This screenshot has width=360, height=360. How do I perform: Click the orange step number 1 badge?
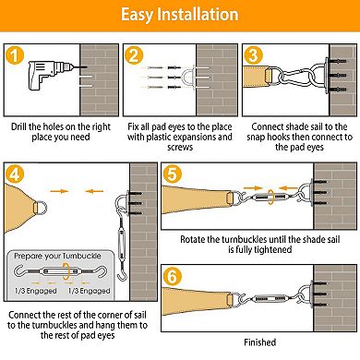15,55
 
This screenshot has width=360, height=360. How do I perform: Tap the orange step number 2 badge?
134,55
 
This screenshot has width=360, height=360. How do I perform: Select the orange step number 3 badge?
253,55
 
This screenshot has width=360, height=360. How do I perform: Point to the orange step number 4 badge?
15,174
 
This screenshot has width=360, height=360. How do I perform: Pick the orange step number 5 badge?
173,174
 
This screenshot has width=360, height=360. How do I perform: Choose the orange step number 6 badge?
173,276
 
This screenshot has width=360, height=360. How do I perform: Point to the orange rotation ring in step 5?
270,197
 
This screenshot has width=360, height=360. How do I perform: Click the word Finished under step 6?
260,342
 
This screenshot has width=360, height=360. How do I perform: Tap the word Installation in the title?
198,15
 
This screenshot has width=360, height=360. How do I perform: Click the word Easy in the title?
137,15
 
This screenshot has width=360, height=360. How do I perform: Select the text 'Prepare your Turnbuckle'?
57,256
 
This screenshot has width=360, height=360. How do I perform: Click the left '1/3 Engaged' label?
36,291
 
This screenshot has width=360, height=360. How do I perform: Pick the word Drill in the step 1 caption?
18,126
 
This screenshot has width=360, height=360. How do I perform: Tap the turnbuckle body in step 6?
270,298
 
